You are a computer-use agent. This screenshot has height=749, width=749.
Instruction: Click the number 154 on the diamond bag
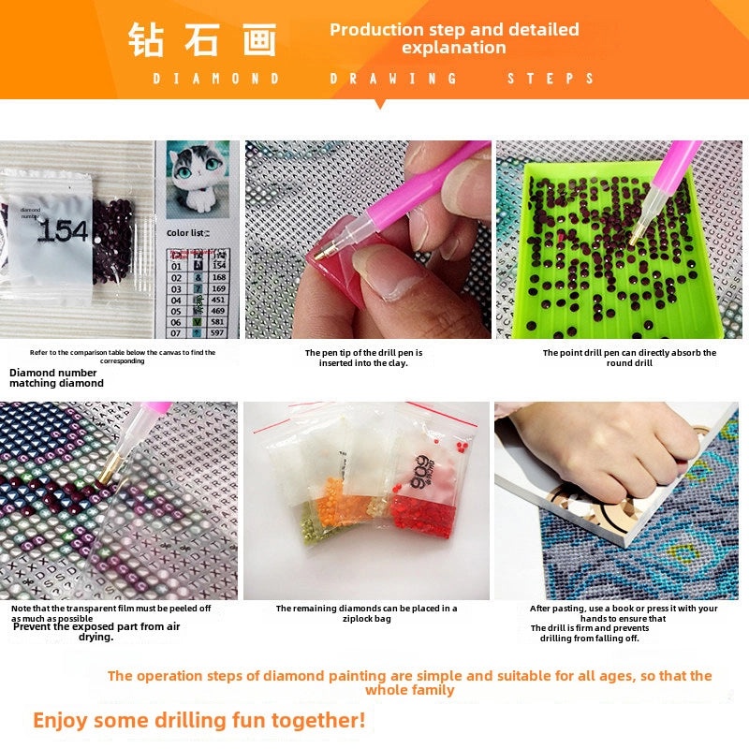click(63, 230)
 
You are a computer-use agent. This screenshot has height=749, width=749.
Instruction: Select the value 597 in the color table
click(218, 332)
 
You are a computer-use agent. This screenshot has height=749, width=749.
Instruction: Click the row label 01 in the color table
click(175, 266)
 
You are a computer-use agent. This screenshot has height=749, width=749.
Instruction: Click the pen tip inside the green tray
click(634, 240)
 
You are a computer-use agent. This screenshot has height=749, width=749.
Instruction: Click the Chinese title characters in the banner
click(202, 40)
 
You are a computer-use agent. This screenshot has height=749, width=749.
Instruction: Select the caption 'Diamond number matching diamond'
click(56, 377)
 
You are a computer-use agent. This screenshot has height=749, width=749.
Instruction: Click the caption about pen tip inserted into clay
click(363, 358)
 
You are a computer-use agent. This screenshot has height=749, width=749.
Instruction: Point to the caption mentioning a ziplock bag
click(366, 613)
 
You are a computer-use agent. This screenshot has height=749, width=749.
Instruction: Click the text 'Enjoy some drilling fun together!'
click(198, 721)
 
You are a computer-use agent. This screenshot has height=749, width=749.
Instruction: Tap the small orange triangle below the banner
click(379, 104)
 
